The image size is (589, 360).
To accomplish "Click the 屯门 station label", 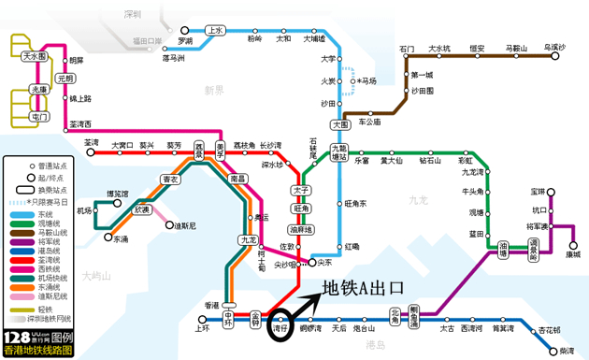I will coord(38,118).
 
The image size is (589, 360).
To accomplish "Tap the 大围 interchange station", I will coord(339,123).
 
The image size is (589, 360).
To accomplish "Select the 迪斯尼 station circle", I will coord(170,225).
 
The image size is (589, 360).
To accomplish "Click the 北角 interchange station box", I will coord(395,319).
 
